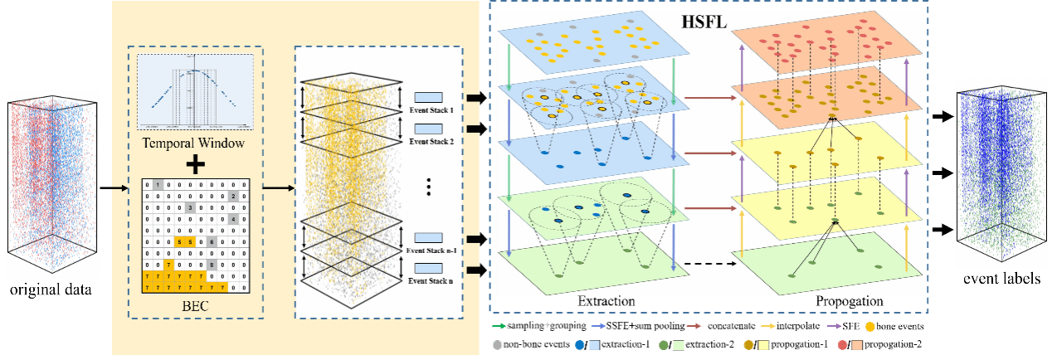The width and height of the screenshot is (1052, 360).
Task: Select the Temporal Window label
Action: pos(194,144)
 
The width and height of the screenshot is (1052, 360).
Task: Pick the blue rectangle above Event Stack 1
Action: pos(428,96)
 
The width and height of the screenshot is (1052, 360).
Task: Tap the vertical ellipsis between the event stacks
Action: pos(428,187)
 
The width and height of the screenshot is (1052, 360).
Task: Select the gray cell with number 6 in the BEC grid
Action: pos(212,241)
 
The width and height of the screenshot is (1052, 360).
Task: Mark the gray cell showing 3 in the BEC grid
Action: pos(189,207)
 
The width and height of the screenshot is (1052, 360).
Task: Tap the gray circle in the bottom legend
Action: pos(497,344)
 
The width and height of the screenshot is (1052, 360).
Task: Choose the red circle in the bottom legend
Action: pos(843,344)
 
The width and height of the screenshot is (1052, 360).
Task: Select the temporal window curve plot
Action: pos(194,90)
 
